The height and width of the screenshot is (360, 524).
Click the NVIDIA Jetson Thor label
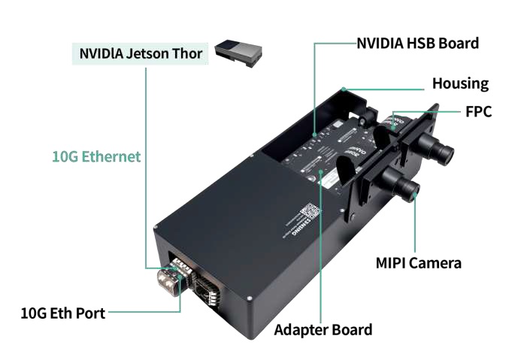(141, 54)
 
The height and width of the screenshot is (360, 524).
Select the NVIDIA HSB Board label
(417, 43)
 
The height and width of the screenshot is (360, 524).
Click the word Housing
(460, 83)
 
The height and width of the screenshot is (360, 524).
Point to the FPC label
(478, 112)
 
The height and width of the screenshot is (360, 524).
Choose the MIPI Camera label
(419, 263)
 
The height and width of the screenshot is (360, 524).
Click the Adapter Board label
(323, 329)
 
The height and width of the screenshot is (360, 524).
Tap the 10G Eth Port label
(63, 313)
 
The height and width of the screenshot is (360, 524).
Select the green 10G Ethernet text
(96, 156)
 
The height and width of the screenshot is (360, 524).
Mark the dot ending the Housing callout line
(343, 88)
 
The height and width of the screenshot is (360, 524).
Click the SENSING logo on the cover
(295, 231)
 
